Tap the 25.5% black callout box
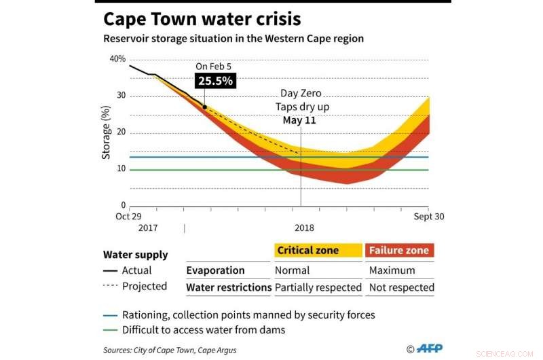215,81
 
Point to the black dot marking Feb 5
204,107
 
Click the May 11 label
299,120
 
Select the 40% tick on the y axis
117,59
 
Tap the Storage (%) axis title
106,132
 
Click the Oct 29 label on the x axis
128,217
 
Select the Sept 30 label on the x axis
430,217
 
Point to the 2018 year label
304,228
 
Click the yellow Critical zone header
318,251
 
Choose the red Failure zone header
399,251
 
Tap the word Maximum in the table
392,270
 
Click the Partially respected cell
318,287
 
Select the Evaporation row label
215,270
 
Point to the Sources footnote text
170,349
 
